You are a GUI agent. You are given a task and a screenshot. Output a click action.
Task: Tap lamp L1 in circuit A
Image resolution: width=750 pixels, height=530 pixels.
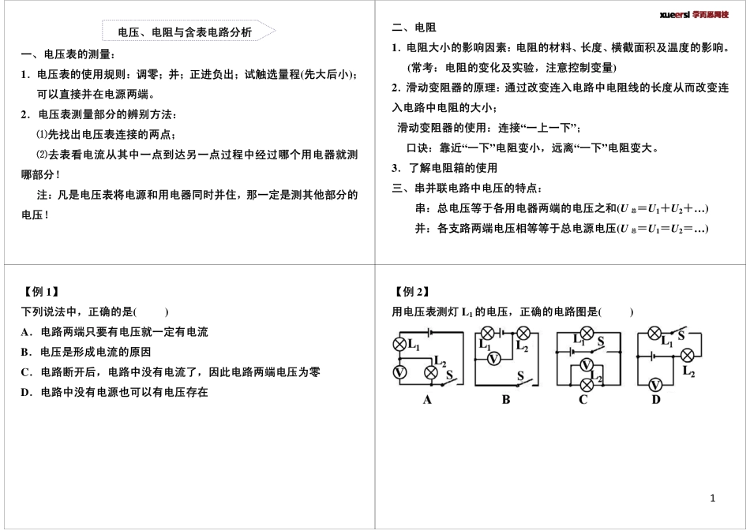(399, 342)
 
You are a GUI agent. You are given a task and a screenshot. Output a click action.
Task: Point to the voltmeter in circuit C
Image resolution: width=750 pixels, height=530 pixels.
(585, 364)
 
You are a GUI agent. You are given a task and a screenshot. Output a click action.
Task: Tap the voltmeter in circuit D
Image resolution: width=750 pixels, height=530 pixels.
(654, 385)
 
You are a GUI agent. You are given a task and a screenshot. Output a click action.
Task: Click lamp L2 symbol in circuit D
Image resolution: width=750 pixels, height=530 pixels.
(688, 354)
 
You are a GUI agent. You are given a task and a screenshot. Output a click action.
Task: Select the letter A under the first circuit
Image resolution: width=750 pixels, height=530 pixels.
(427, 399)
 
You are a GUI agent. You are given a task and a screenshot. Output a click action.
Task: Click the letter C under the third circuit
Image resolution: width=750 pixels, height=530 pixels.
(583, 399)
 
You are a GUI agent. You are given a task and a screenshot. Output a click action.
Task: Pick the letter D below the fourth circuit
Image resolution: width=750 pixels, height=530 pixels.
(655, 399)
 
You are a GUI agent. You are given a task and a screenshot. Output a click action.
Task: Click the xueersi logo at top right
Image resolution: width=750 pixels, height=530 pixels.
(695, 14)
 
